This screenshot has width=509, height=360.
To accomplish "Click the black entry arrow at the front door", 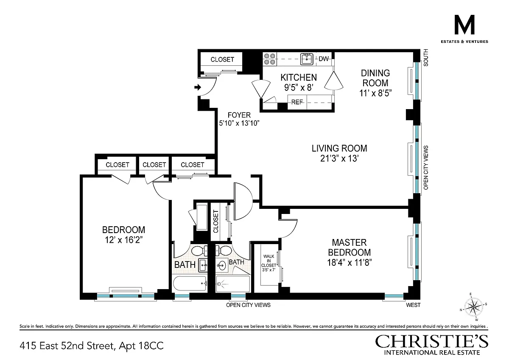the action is pyautogui.click(x=198, y=87).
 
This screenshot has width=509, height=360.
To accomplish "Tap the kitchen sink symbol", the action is pyautogui.click(x=307, y=59).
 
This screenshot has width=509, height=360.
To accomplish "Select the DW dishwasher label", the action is pyautogui.click(x=324, y=59).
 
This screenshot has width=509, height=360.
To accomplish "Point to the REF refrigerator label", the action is pyautogui.click(x=297, y=102).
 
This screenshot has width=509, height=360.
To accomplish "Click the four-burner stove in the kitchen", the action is pyautogui.click(x=270, y=59).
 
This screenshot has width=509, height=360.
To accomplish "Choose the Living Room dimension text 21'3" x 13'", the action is pyautogui.click(x=339, y=158).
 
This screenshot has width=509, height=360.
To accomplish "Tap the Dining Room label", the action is pyautogui.click(x=375, y=78).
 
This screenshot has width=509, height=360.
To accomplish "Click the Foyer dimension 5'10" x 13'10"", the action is pyautogui.click(x=239, y=123).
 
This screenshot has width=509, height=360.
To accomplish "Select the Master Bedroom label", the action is pyautogui.click(x=349, y=247).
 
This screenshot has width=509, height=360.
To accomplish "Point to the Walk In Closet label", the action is pyautogui.click(x=268, y=261).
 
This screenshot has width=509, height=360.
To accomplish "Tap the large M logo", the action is pyautogui.click(x=464, y=25).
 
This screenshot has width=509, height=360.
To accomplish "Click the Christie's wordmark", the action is pyautogui.click(x=431, y=342).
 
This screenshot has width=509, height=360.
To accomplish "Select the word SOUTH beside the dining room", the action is pyautogui.click(x=426, y=58).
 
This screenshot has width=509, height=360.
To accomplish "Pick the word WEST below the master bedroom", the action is pyautogui.click(x=413, y=305).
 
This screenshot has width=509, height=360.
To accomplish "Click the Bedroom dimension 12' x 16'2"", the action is pyautogui.click(x=123, y=240).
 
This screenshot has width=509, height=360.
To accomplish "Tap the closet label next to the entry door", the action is pyautogui.click(x=222, y=59).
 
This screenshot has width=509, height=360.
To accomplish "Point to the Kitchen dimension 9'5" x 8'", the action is pyautogui.click(x=299, y=87).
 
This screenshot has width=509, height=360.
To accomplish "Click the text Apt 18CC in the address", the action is pyautogui.click(x=141, y=346).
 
